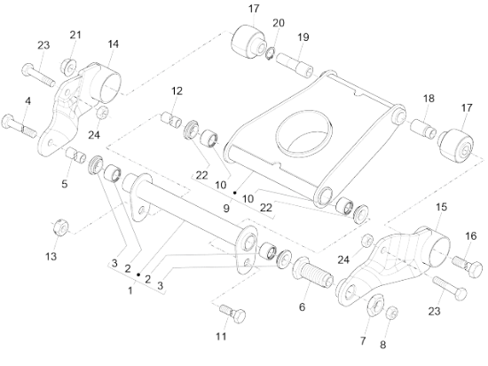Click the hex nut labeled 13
60,227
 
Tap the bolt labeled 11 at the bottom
232,314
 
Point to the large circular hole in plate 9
304,132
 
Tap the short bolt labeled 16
468,265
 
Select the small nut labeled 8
392,313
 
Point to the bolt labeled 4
20,126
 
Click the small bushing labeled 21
68,66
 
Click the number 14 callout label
113,44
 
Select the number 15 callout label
441,207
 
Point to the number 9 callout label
226,208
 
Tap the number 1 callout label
130,290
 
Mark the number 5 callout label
64,184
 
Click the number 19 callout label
303,37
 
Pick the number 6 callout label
302,307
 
